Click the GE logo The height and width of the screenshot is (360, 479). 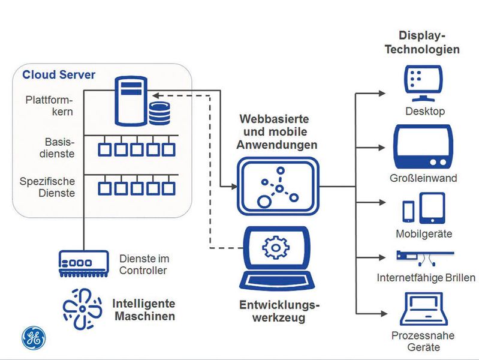(33, 338)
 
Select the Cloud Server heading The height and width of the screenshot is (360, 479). (59, 76)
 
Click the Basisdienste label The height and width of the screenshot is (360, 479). (59, 148)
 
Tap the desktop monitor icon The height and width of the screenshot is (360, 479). (424, 83)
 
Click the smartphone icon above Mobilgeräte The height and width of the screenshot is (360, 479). (408, 211)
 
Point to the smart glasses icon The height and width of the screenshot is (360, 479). (424, 257)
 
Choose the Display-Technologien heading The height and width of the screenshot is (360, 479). (423, 42)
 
